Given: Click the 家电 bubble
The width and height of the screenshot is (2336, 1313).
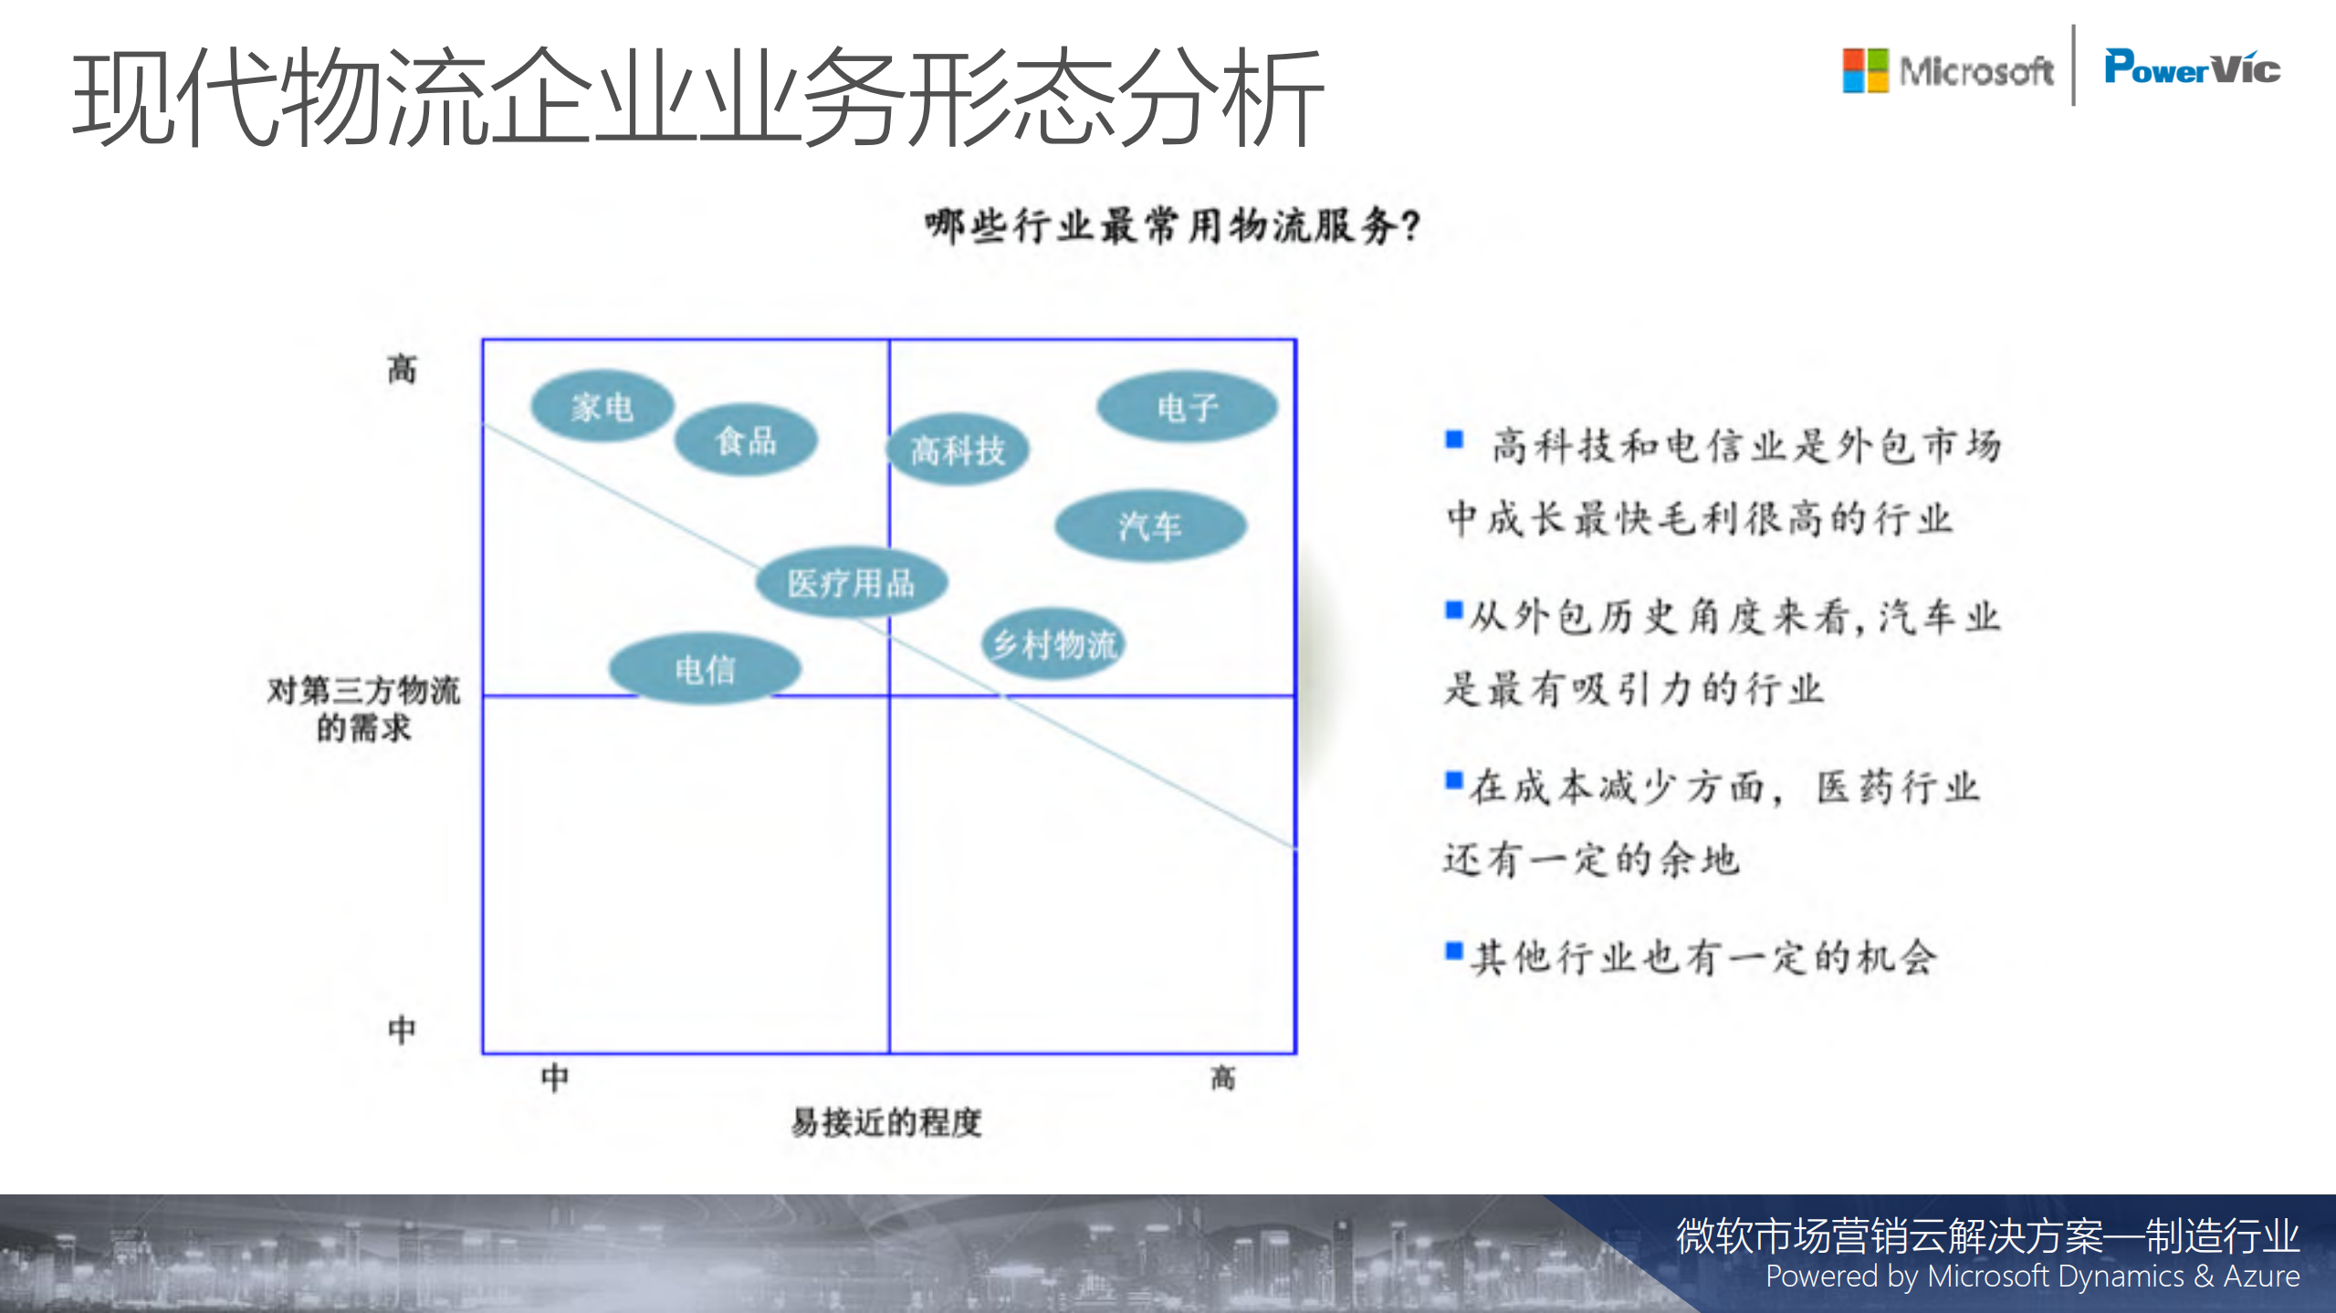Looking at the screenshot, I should [602, 407].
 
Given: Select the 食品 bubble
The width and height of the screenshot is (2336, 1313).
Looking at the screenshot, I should [745, 441].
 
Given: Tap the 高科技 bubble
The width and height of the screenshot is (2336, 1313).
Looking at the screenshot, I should [958, 450].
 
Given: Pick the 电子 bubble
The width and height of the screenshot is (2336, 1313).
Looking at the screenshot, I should [1187, 407].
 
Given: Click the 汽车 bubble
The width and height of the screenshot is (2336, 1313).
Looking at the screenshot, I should [1150, 526].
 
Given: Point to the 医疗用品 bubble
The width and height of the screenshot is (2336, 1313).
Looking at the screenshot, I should [851, 582].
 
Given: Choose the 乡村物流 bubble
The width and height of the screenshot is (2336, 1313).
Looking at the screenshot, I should [1054, 644].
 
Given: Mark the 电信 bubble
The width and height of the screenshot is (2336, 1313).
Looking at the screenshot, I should [705, 669].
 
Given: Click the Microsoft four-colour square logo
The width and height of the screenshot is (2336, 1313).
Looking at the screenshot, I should [1865, 70].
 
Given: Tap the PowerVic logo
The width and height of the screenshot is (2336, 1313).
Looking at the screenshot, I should [2192, 68].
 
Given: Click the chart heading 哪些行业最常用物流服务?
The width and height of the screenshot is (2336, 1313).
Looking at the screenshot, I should [1173, 225].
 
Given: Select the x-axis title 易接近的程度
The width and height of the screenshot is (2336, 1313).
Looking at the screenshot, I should [886, 1121].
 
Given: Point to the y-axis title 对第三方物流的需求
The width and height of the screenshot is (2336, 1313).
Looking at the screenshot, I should [363, 708].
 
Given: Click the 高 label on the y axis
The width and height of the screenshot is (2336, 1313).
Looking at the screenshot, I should [402, 370].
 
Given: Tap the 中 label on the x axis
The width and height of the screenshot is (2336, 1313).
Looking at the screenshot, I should [554, 1078].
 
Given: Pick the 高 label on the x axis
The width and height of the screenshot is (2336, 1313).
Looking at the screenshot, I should [1222, 1078].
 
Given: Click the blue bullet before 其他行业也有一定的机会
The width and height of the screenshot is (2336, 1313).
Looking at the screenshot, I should [1454, 952].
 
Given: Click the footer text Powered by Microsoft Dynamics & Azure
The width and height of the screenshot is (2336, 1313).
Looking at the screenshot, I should [2032, 1277].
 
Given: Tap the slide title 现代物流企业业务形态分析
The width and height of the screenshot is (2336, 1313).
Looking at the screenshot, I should [698, 98].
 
